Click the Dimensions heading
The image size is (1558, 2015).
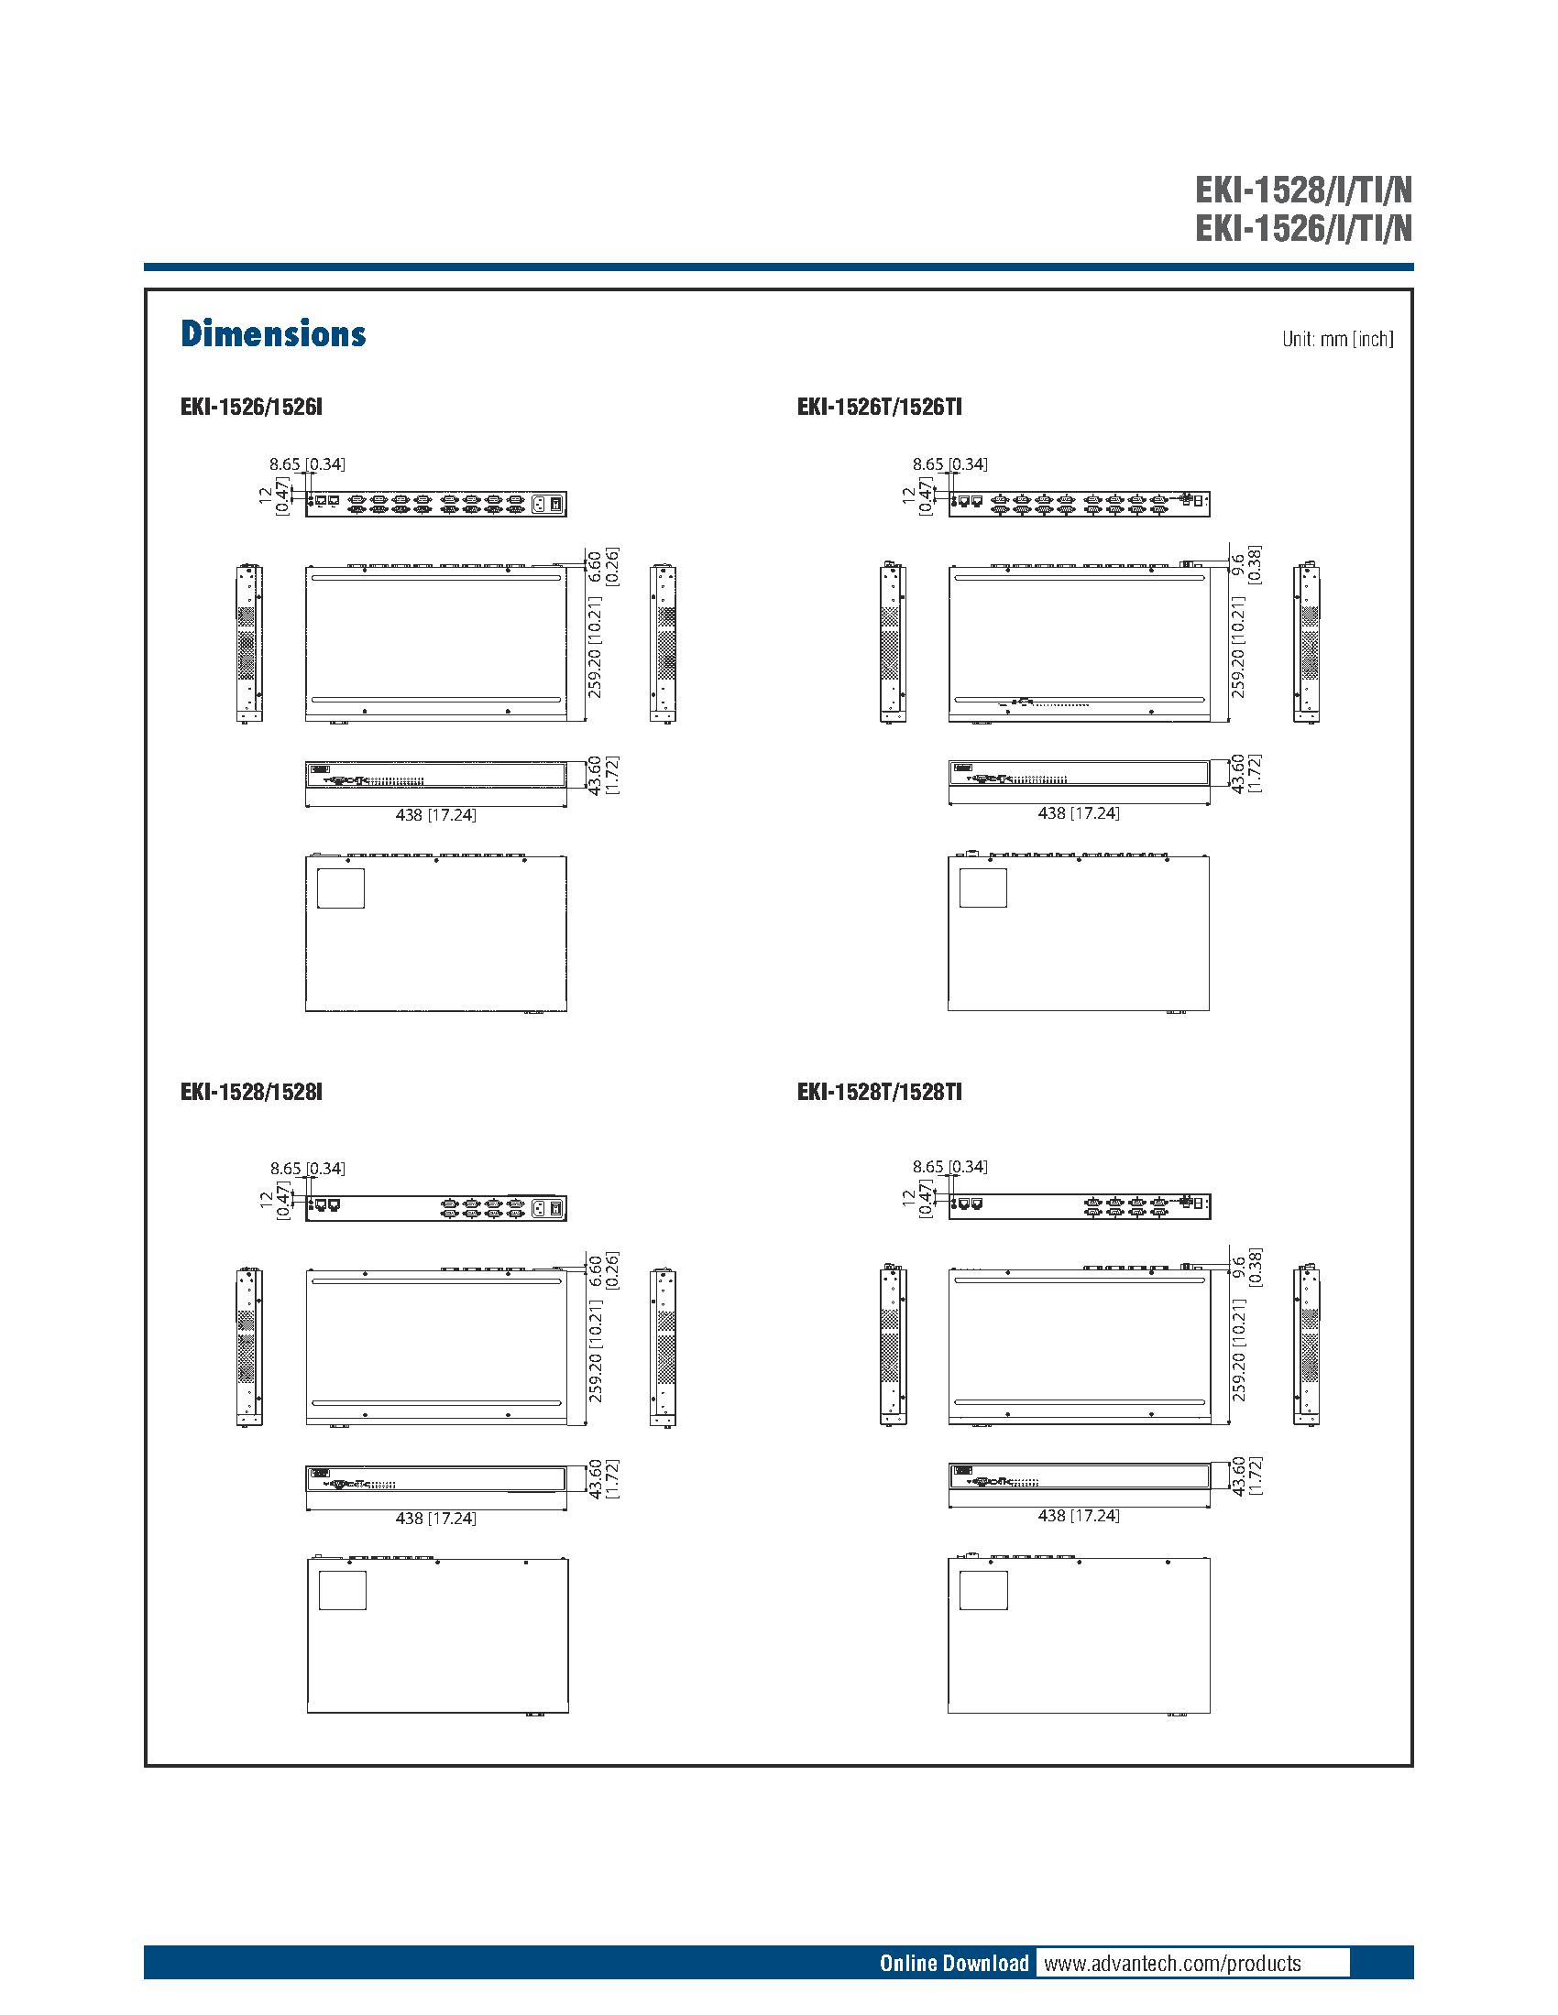point(273,334)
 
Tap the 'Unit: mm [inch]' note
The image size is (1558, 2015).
point(1336,339)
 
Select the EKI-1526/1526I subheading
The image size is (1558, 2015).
point(251,407)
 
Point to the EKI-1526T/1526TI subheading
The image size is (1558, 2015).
point(879,407)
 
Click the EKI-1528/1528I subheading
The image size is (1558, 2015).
point(251,1093)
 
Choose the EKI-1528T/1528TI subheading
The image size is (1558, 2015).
point(879,1093)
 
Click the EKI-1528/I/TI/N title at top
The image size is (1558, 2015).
point(1302,191)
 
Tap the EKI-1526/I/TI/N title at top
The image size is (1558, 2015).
point(1302,228)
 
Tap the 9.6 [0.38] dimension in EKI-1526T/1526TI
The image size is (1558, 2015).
point(1245,564)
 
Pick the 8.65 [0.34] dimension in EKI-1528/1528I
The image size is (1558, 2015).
point(307,1168)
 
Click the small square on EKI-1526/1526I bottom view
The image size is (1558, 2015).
point(341,888)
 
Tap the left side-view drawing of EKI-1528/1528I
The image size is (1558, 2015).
point(247,1347)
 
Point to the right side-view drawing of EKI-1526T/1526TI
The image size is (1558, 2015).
point(1307,642)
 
